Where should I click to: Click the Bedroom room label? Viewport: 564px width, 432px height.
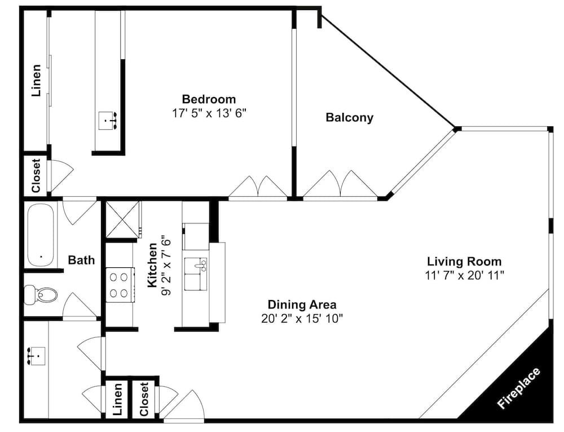209,99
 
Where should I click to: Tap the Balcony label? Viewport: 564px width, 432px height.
349,118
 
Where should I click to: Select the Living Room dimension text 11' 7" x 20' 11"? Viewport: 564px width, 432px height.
464,276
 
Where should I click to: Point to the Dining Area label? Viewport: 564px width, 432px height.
302,305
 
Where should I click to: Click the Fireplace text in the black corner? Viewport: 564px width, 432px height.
518,388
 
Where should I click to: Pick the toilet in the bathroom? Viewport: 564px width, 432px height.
40,295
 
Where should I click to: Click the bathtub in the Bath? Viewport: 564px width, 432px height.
41,235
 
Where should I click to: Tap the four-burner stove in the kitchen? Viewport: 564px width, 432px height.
120,285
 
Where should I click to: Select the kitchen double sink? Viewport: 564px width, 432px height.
196,274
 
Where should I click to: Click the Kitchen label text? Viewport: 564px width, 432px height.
152,265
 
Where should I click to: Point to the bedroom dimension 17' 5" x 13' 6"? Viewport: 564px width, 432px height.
209,113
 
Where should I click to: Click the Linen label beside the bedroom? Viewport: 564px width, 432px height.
36,80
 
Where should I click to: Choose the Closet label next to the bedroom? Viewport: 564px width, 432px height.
36,175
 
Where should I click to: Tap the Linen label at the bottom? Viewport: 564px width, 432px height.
118,399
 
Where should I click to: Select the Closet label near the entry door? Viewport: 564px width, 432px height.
144,399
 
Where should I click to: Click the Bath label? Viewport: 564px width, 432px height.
81,259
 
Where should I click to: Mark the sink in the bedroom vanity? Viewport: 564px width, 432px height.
108,121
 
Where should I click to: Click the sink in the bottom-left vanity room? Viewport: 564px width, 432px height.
36,356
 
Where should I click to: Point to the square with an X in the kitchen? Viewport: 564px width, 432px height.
122,219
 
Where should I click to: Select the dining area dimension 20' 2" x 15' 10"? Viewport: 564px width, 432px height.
302,319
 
